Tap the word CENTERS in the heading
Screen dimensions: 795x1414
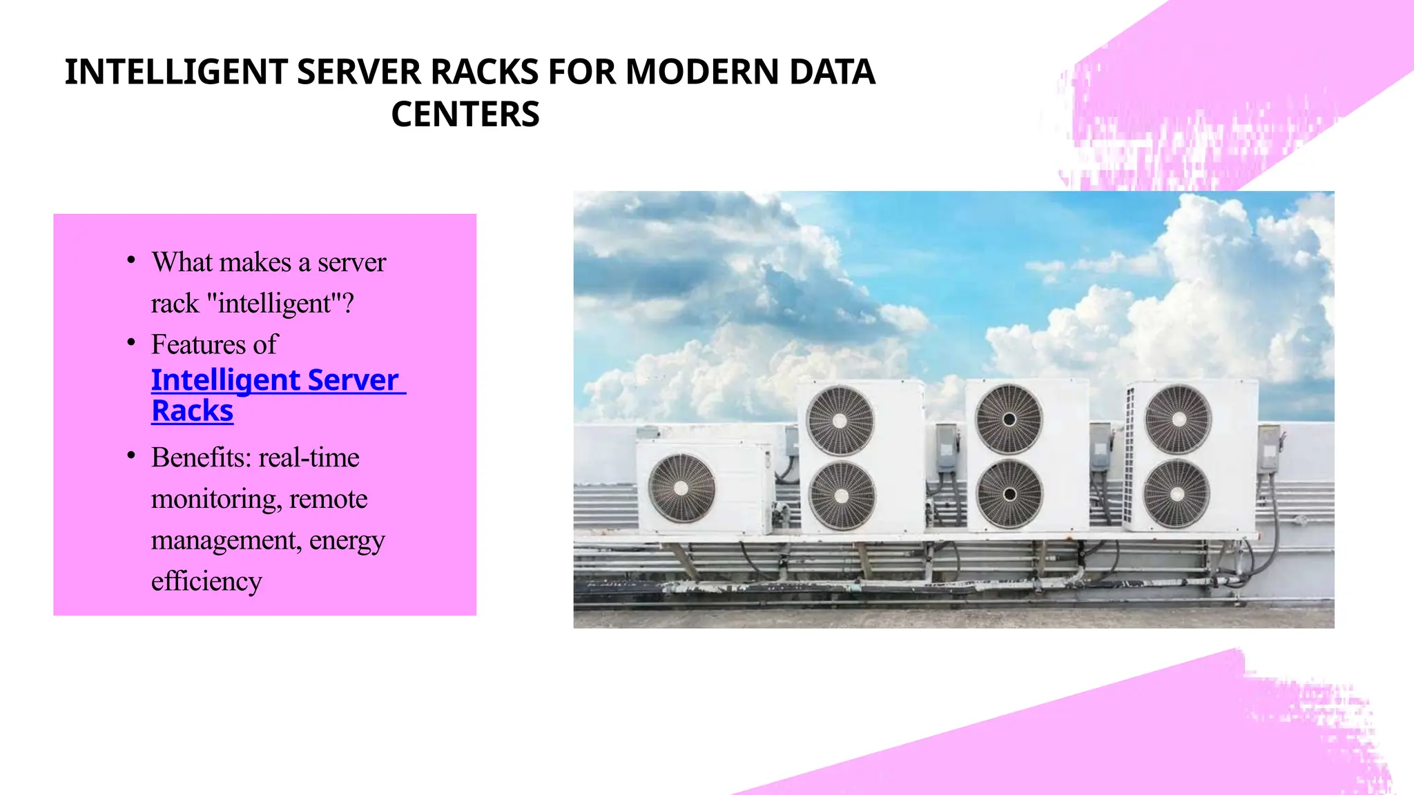465,115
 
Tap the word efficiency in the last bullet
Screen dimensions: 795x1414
206,581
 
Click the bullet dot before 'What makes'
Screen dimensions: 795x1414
131,260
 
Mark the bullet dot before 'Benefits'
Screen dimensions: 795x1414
131,455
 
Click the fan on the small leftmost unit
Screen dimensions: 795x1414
681,488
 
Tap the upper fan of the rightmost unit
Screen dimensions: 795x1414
1178,419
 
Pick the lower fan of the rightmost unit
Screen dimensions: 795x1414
1176,494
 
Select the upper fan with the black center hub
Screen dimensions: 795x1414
1009,419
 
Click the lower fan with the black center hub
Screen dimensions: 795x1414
1009,494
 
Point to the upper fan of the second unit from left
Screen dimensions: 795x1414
840,420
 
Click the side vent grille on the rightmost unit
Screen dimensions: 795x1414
1130,455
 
